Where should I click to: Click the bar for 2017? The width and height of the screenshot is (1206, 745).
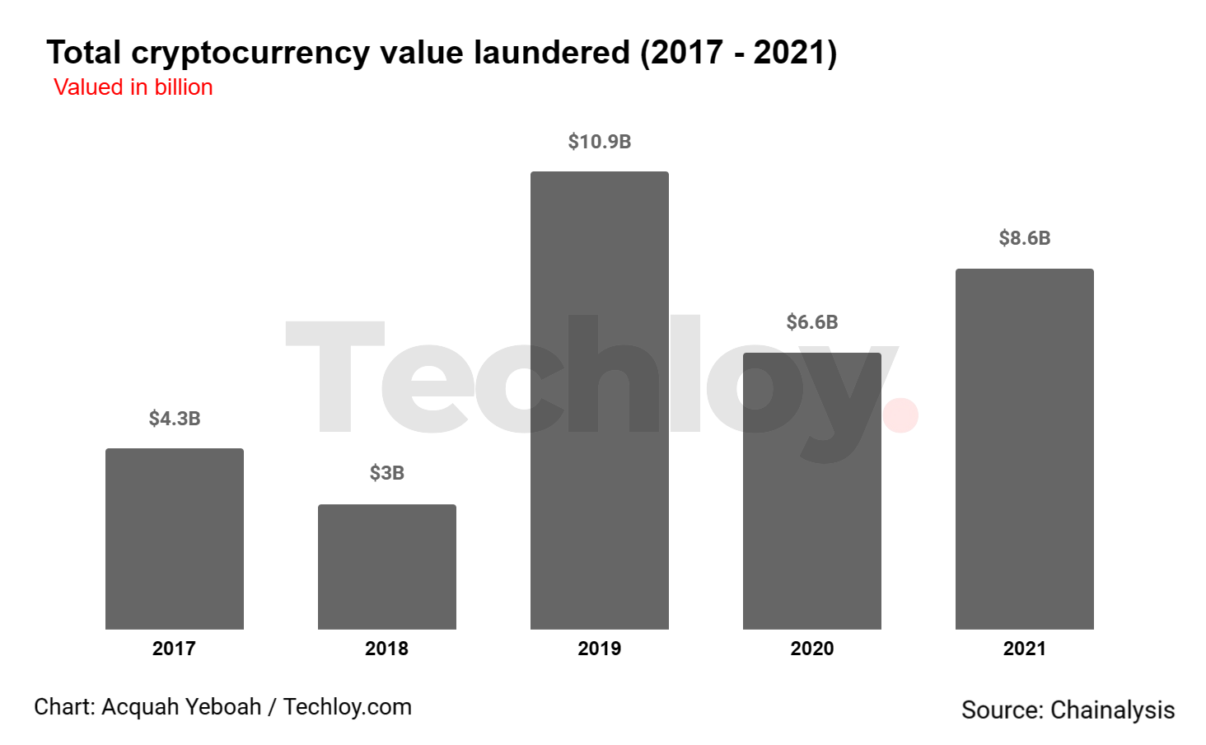tap(175, 539)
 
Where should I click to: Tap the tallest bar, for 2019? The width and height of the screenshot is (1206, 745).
tap(600, 401)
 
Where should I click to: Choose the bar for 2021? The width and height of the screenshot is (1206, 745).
tap(1025, 449)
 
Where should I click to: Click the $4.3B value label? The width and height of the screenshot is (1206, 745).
tap(175, 419)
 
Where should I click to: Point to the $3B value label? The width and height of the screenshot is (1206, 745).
tap(387, 473)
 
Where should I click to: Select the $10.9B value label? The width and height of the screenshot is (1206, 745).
tap(600, 142)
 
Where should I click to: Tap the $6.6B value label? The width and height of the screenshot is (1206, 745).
tap(812, 322)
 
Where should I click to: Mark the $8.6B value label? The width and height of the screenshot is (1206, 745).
tap(1025, 238)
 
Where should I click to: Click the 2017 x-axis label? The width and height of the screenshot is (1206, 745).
tap(174, 649)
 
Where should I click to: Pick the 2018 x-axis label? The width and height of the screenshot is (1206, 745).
tap(386, 649)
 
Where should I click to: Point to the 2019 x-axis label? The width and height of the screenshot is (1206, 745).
tap(600, 649)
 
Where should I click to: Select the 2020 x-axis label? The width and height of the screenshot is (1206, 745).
tap(812, 649)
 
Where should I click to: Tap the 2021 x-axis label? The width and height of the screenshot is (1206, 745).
tap(1025, 649)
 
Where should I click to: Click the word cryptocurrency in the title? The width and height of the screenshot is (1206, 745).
tap(251, 54)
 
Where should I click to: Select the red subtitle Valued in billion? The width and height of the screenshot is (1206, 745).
tap(133, 87)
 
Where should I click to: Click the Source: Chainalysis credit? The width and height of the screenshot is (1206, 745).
tap(1068, 710)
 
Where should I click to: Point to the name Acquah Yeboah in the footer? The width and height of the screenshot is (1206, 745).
tap(181, 707)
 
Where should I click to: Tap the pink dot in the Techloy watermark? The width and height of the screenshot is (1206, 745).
tap(900, 415)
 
